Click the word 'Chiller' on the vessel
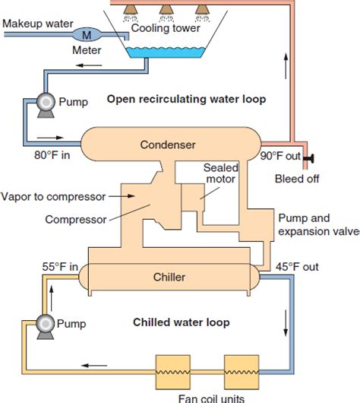168,278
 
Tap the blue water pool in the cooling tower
163,54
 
